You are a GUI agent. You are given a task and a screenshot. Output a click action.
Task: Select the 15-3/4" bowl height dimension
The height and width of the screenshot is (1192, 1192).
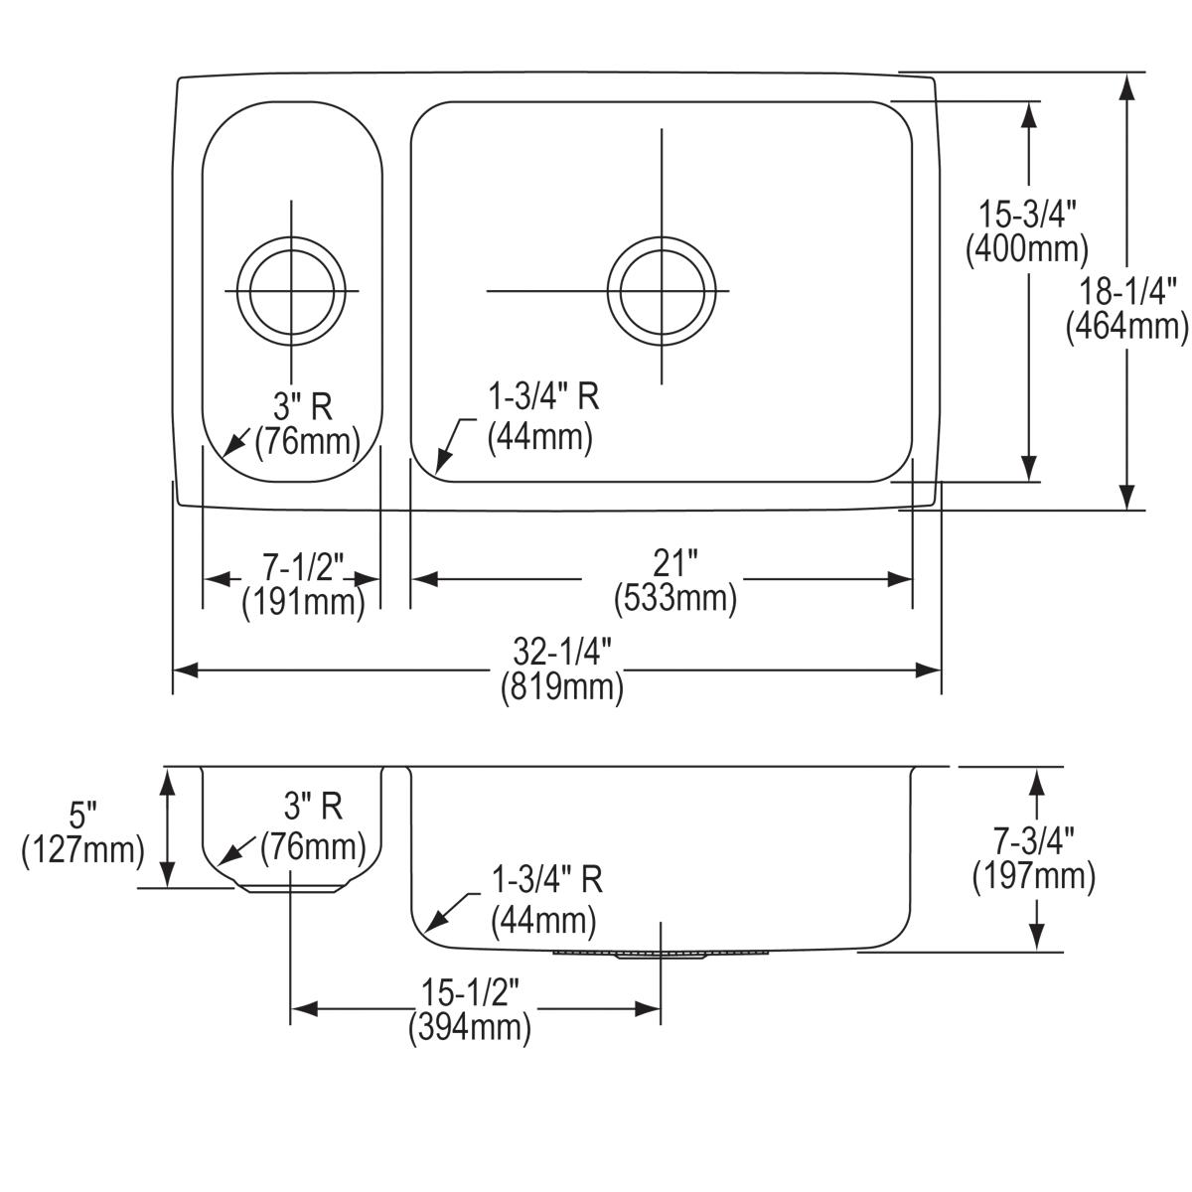1027,214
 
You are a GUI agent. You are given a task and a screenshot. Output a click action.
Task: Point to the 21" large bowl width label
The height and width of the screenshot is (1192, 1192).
675,564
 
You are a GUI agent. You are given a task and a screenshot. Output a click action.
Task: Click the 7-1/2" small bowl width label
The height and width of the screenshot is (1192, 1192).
303,568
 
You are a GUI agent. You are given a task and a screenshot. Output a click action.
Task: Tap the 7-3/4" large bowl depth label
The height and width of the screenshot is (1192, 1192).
1034,841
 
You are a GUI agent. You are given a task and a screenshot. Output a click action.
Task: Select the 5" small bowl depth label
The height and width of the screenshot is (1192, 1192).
84,817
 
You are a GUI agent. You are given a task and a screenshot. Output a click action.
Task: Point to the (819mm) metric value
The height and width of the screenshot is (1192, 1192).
562,686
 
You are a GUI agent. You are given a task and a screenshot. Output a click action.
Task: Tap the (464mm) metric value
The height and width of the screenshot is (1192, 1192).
1127,326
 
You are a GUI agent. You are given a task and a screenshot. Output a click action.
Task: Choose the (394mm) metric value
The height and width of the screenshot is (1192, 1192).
469,1027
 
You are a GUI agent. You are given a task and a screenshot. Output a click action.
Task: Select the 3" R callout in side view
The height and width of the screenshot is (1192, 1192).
314,807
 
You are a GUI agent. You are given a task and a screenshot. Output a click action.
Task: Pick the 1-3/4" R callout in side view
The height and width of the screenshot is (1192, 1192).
547,880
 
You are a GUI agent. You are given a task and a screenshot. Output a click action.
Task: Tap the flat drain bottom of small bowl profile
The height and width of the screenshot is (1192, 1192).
291,889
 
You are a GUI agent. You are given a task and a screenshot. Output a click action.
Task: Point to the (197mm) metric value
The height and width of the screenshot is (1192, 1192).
1034,875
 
